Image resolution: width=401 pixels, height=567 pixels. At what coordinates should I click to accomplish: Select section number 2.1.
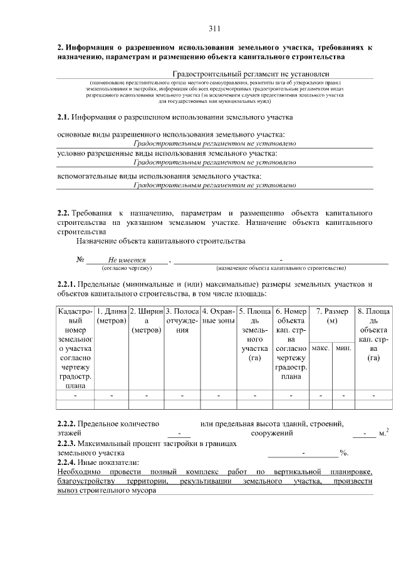(x=63, y=117)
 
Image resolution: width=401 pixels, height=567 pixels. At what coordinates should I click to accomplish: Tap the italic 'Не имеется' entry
(x=127, y=260)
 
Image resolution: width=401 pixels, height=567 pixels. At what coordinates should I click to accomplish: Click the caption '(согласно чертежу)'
(x=127, y=268)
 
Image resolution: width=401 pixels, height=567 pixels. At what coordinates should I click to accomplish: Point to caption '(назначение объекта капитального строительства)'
(x=281, y=268)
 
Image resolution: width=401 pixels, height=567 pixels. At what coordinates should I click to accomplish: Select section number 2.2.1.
(x=66, y=284)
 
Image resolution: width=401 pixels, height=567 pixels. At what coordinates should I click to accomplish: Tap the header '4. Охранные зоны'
(x=218, y=316)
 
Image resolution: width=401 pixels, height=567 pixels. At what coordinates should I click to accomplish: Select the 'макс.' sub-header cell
(x=321, y=347)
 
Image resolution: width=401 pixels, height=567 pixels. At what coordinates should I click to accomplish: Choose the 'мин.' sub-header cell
(x=343, y=347)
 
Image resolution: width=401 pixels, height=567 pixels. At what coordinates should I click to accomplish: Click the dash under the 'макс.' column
(x=321, y=396)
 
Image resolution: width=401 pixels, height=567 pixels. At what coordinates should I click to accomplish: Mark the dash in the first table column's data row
(x=75, y=396)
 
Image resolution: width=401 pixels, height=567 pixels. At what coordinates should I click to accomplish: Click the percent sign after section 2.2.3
(x=343, y=452)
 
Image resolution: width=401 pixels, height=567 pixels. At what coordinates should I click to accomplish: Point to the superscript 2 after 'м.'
(x=387, y=429)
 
